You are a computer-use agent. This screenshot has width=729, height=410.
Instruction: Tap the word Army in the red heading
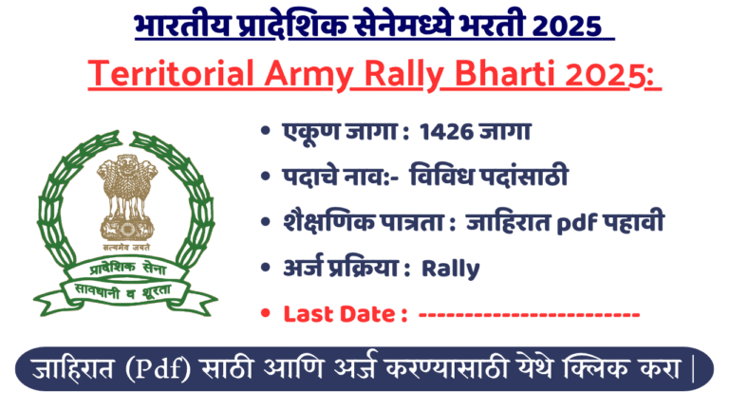click(x=286, y=75)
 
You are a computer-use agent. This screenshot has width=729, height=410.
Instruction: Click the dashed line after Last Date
click(x=528, y=314)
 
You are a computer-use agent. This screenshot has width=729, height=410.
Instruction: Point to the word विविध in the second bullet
click(x=451, y=177)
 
